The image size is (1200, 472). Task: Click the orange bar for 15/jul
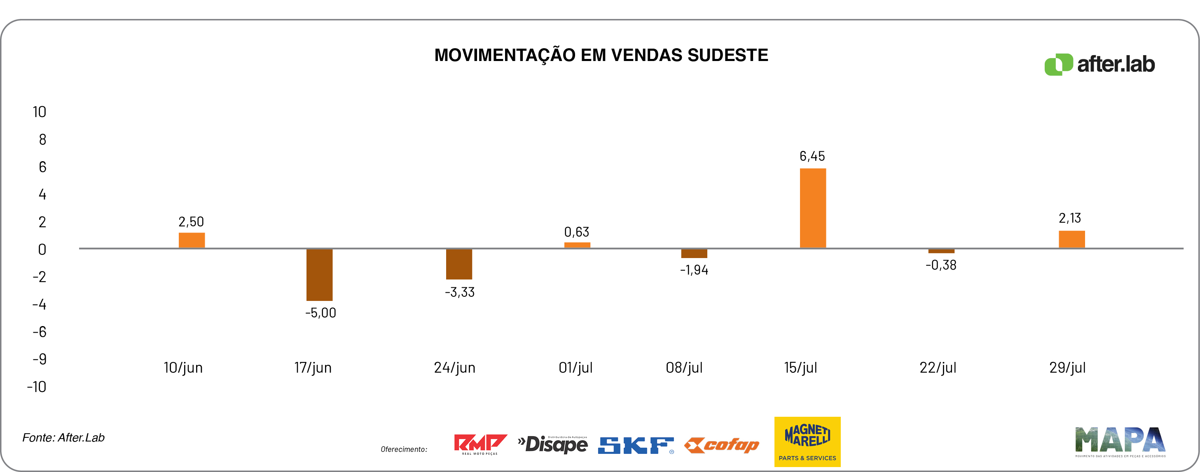[812, 208]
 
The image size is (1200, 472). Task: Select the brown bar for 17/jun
[319, 275]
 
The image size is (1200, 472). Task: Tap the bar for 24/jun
[459, 264]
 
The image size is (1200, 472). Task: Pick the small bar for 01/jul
[577, 245]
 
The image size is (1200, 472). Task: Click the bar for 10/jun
[192, 240]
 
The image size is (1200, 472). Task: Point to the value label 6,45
[812, 156]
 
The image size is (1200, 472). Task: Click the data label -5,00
[320, 312]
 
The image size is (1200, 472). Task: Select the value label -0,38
[940, 265]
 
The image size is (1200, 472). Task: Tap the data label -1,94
[694, 270]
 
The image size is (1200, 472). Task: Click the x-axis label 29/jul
[1067, 368]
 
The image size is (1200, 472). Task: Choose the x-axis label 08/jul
[684, 368]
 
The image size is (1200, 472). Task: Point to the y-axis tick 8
[42, 139]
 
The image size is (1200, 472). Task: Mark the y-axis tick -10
[37, 387]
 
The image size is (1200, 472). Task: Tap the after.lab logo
[1099, 64]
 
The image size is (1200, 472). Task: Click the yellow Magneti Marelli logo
[807, 441]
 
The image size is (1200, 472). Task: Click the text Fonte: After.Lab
[63, 437]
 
